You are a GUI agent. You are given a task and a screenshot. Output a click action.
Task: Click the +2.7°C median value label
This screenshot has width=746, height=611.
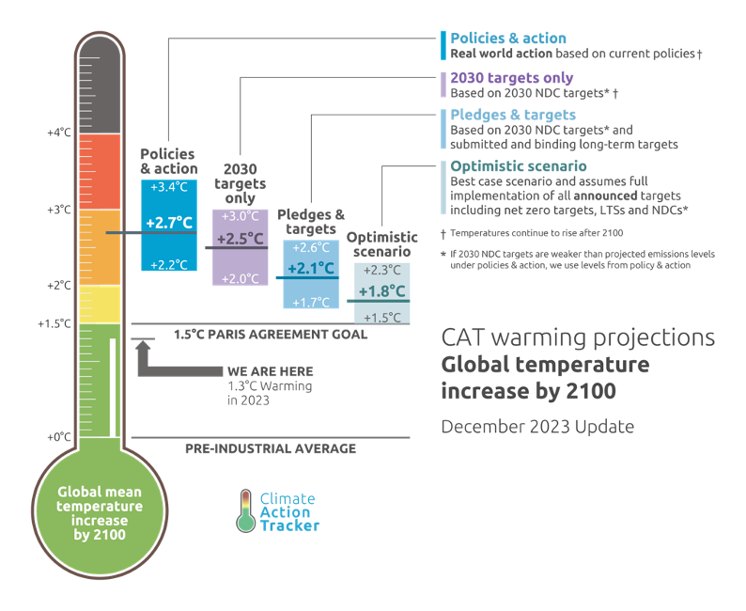(x=169, y=223)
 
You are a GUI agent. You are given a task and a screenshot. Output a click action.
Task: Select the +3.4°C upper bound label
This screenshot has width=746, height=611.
(x=169, y=186)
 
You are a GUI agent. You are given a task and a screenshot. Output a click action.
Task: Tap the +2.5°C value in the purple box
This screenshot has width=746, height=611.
(x=241, y=239)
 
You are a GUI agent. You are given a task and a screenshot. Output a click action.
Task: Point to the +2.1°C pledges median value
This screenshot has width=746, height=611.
(x=311, y=269)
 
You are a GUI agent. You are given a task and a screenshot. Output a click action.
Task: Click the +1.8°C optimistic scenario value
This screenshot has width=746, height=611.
(x=381, y=290)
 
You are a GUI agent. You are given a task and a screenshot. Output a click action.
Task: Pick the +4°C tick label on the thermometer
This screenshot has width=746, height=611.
(x=59, y=133)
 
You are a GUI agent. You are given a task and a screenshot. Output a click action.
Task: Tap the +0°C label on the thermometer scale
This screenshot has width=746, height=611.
(x=59, y=437)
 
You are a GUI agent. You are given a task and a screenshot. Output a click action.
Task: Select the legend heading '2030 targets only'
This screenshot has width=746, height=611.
(x=511, y=78)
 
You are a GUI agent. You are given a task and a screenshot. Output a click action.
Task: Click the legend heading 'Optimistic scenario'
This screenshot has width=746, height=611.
(x=519, y=166)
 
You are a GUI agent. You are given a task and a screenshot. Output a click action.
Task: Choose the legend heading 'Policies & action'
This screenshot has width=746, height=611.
(x=508, y=39)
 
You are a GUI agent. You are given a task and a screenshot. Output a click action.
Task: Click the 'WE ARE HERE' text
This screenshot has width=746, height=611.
(x=270, y=371)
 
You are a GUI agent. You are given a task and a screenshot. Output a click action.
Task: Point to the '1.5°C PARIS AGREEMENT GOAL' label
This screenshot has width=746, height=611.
(x=271, y=334)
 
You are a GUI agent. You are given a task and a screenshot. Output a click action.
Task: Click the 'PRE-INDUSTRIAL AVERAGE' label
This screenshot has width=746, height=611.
(x=271, y=449)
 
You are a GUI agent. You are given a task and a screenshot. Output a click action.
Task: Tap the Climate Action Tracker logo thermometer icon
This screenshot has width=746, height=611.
(x=245, y=510)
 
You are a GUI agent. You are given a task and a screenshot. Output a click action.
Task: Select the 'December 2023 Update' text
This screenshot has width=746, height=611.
(x=537, y=427)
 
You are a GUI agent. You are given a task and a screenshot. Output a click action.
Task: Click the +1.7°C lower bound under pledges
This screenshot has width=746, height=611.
(x=311, y=302)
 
